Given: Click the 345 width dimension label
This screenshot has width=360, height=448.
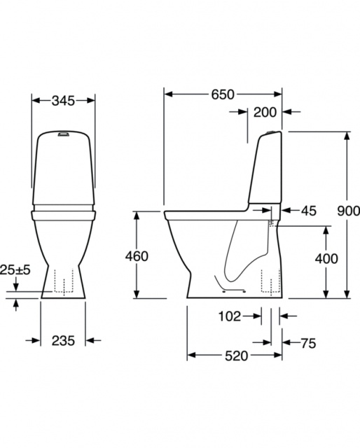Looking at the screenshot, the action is tap(63, 101).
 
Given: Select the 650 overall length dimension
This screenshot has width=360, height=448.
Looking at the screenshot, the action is tap(223, 94).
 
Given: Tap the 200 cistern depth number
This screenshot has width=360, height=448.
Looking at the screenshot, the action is tap(265, 112).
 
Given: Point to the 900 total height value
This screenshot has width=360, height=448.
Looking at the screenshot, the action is tap(348, 211).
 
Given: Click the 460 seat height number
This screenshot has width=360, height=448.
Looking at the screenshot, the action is tap(137, 256).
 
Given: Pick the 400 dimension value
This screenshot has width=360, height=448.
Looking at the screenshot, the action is tap(326, 258).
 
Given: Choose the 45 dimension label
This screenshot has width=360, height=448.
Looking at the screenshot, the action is tap(309, 211).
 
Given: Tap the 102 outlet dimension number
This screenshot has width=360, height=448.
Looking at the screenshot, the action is tap(230, 316).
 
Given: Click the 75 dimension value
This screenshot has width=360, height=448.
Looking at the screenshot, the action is tap(308, 343).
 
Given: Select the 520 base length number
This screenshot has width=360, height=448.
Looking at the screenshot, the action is tap(236, 356).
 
